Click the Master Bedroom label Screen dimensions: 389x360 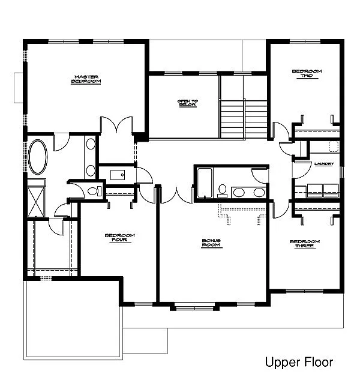pos(86,79)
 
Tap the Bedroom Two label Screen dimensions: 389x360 pos(307,73)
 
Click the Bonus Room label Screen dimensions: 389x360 pos(212,243)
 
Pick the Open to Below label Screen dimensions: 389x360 pos(187,103)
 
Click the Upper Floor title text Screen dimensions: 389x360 pos(298,362)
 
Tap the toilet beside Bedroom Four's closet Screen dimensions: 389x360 pos(93,191)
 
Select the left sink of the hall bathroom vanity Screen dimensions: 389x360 pos(239,192)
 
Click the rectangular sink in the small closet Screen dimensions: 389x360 pos(117,175)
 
